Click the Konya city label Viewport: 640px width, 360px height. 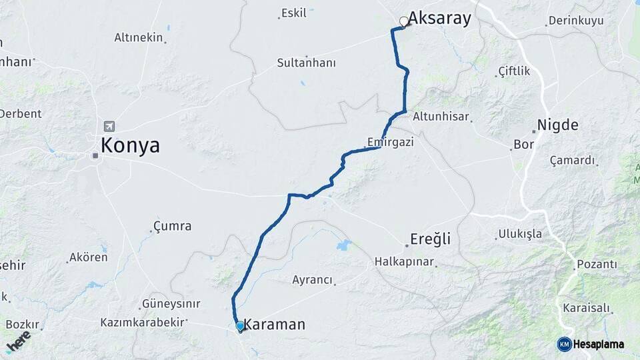click(x=130, y=145)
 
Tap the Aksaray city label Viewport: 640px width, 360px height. click(x=439, y=18)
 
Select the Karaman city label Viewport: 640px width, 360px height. click(x=274, y=325)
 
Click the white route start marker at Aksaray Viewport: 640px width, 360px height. click(x=403, y=21)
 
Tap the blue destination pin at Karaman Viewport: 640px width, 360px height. click(x=240, y=326)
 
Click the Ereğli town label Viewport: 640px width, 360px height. click(x=430, y=239)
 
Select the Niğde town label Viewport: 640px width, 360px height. click(x=557, y=125)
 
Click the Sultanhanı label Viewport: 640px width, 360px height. click(x=306, y=63)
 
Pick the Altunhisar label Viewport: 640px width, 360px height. click(x=441, y=116)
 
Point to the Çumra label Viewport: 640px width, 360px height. click(x=172, y=226)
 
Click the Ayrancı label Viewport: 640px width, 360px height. click(x=312, y=280)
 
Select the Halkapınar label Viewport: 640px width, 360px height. click(x=404, y=261)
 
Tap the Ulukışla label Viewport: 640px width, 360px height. click(x=519, y=234)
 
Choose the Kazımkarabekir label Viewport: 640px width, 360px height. click(x=142, y=322)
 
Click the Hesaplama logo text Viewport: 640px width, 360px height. click(x=599, y=344)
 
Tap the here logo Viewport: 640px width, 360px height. click(x=19, y=340)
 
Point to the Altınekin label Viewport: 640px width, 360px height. click(x=139, y=37)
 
